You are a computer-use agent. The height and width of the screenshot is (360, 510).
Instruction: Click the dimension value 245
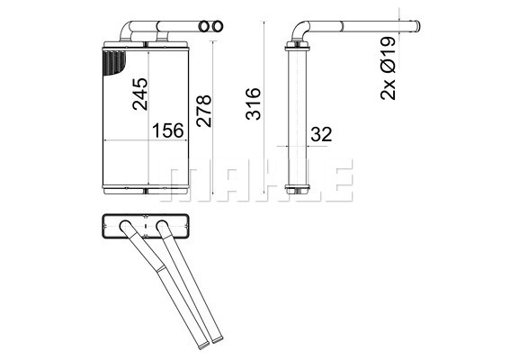pyautogui.click(x=140, y=94)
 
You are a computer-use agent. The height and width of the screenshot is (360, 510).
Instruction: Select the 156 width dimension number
pyautogui.click(x=168, y=130)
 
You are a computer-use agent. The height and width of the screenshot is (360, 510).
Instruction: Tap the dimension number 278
pyautogui.click(x=204, y=111)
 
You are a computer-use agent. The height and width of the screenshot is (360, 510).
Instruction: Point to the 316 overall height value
pyautogui.click(x=254, y=103)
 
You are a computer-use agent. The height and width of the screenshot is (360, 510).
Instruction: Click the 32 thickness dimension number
pyautogui.click(x=321, y=134)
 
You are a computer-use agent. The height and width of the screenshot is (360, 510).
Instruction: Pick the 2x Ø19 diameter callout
pyautogui.click(x=388, y=68)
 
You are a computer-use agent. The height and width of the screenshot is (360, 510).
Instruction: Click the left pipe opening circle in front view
pyautogui.click(x=203, y=26)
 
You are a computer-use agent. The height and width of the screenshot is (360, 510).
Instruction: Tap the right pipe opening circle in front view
pyautogui.click(x=218, y=26)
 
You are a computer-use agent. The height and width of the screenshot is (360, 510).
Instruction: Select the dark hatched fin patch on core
pyautogui.click(x=113, y=62)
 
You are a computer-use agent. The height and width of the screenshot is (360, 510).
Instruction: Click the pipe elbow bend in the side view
pyautogui.click(x=299, y=30)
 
